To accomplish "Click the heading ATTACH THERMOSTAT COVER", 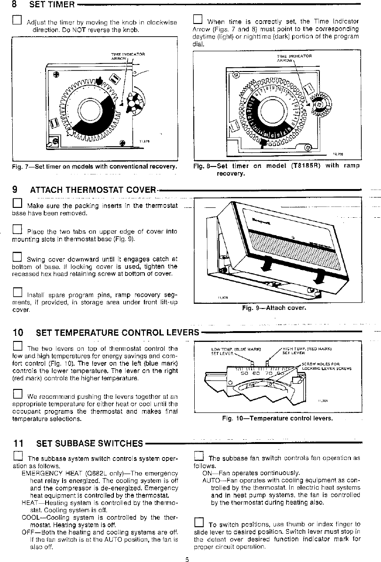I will pyautogui.click(x=92, y=190).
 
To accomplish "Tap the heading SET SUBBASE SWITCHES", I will pyautogui.click(x=89, y=443).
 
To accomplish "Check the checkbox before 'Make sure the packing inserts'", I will pyautogui.click(x=16, y=204).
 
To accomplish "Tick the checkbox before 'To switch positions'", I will pyautogui.click(x=198, y=523).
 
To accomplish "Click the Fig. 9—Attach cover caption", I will pyautogui.click(x=274, y=308).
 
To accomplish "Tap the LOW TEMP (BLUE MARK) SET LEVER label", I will pyautogui.click(x=236, y=351).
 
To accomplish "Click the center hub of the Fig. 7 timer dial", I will pyautogui.click(x=87, y=111).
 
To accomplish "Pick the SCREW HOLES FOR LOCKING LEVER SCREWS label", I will pyautogui.click(x=327, y=366).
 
